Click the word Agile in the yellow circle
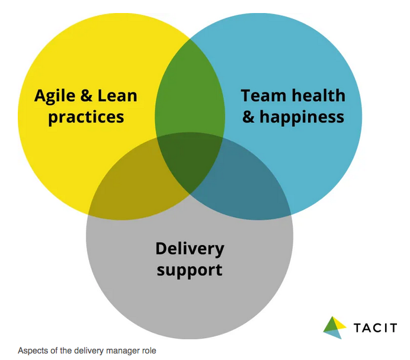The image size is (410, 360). click(56, 96)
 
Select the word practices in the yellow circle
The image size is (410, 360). click(86, 116)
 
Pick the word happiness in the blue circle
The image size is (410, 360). click(302, 117)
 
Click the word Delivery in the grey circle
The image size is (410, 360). click(190, 248)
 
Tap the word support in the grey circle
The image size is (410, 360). click(190, 271)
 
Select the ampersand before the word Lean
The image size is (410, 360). click(87, 96)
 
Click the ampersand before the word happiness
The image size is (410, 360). click(249, 117)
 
